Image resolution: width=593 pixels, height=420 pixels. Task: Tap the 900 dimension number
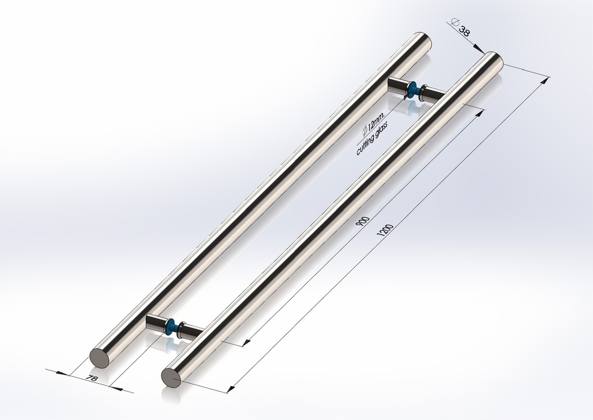[364, 222]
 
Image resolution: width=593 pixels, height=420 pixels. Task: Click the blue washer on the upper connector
[412, 90]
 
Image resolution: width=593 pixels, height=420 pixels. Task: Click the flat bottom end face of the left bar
[99, 357]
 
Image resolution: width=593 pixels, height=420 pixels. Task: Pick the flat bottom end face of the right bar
[171, 378]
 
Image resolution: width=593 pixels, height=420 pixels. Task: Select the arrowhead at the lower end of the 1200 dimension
[232, 388]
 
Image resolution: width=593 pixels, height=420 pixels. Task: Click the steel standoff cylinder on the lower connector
[155, 322]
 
